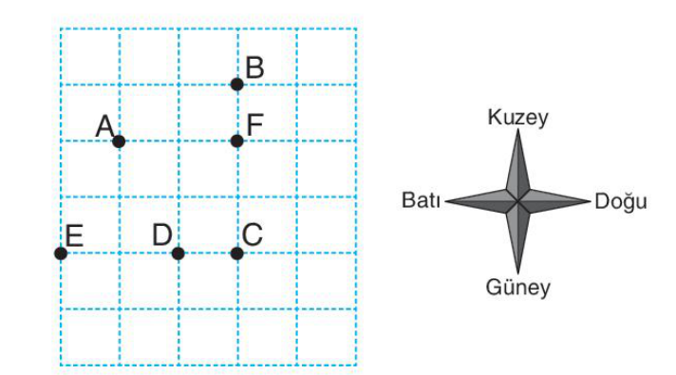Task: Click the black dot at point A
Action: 119,141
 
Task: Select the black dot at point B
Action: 236,84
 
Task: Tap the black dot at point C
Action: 236,253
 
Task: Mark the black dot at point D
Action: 178,253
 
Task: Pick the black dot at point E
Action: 61,253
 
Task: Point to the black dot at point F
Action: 236,141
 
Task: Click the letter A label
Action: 104,126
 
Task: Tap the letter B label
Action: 254,67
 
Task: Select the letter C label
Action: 253,234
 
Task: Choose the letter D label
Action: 162,234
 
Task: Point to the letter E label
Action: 74,235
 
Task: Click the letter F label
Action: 254,125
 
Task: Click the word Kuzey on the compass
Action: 517,118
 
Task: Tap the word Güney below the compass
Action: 517,287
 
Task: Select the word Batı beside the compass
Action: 421,200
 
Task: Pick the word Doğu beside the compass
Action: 621,201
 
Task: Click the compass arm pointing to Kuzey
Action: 517,166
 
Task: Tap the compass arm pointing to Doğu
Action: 554,201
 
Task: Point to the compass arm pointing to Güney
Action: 517,237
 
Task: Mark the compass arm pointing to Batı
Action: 481,201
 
